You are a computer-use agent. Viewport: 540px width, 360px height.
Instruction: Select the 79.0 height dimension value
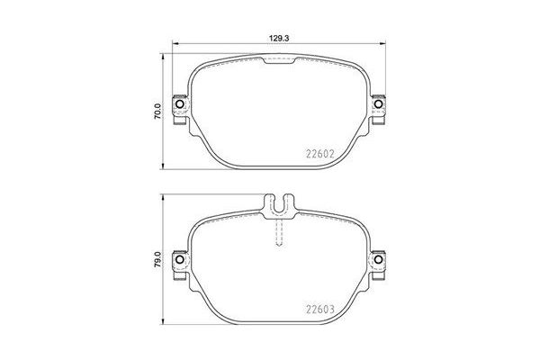click(157, 260)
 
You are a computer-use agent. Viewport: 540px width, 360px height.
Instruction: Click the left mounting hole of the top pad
click(178, 108)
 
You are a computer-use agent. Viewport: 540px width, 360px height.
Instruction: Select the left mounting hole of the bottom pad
click(178, 261)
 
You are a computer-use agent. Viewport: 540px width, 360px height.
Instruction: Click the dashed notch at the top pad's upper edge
click(280, 60)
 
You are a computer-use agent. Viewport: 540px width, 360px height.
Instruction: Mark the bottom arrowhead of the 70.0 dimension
click(163, 166)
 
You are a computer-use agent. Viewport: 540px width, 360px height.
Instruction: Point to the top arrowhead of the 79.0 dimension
click(163, 195)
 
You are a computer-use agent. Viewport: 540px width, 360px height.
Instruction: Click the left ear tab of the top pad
click(180, 108)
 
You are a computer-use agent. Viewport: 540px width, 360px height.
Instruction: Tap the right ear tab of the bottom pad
click(379, 261)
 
